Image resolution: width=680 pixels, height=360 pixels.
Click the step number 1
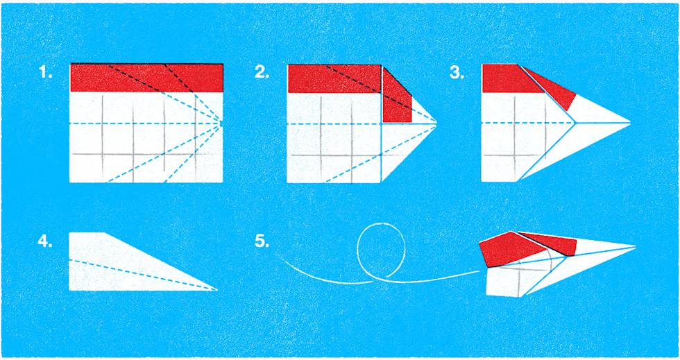(45, 73)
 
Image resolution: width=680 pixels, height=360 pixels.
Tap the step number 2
(262, 73)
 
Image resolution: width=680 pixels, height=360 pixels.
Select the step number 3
(457, 73)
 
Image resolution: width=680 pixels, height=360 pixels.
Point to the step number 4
(45, 242)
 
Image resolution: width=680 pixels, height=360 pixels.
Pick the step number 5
(262, 242)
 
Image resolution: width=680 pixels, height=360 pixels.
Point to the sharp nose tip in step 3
(629, 123)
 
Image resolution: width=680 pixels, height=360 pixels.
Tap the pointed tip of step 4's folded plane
(216, 289)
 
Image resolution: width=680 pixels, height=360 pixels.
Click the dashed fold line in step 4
(139, 273)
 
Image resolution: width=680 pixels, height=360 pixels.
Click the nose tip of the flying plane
(635, 246)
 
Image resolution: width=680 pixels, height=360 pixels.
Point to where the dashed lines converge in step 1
(221, 123)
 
